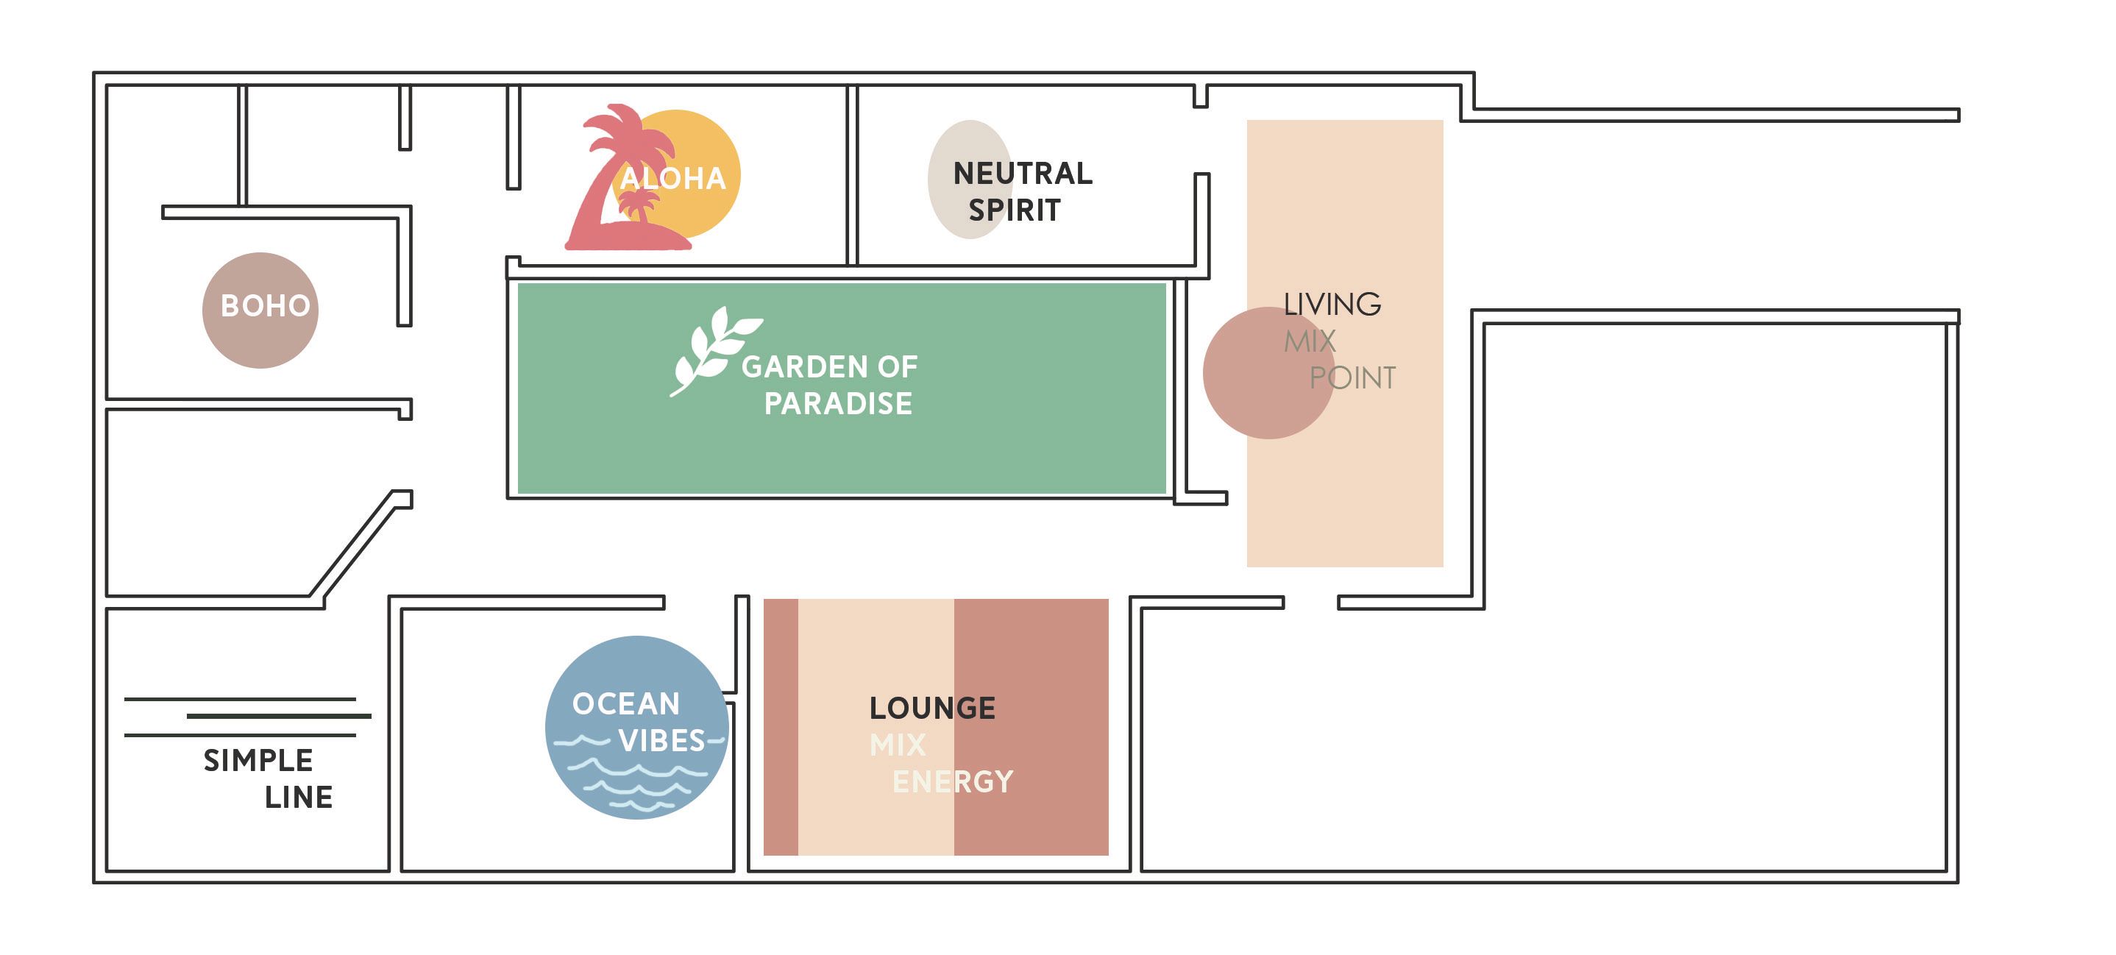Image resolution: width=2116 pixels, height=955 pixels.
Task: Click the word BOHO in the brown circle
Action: pos(266,306)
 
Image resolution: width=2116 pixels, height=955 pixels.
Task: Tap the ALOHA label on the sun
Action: pos(672,179)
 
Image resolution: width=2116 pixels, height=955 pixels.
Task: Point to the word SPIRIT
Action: pos(1015,211)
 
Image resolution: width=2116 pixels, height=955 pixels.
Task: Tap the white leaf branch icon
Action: pos(714,352)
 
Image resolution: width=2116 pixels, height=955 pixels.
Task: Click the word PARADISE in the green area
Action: pos(838,404)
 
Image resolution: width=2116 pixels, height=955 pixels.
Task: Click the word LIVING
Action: pos(1332,305)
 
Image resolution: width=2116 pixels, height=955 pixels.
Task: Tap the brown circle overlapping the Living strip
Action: pos(1268,373)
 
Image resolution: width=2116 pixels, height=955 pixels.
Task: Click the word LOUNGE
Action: pos(932,709)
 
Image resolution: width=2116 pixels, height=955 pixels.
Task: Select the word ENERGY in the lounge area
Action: pos(953,782)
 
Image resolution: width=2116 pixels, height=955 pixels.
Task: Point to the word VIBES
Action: pos(662,742)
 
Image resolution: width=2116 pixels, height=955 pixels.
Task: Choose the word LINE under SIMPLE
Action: pos(298,798)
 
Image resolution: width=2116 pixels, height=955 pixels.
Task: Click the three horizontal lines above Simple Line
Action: pos(247,717)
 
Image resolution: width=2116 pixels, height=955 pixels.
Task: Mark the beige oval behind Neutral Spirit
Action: pos(971,180)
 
